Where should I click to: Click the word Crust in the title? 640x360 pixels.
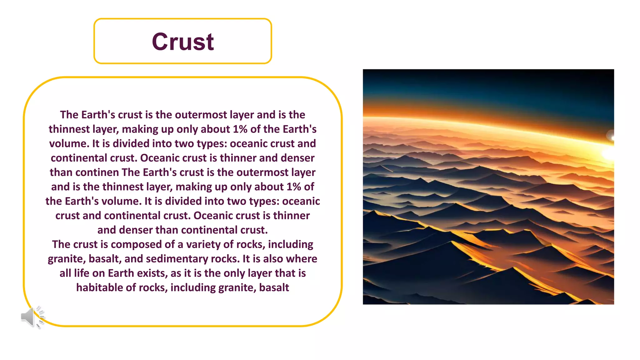click(x=183, y=42)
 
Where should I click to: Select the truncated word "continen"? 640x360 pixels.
click(x=97, y=172)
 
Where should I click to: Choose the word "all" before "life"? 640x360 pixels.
click(x=65, y=273)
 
